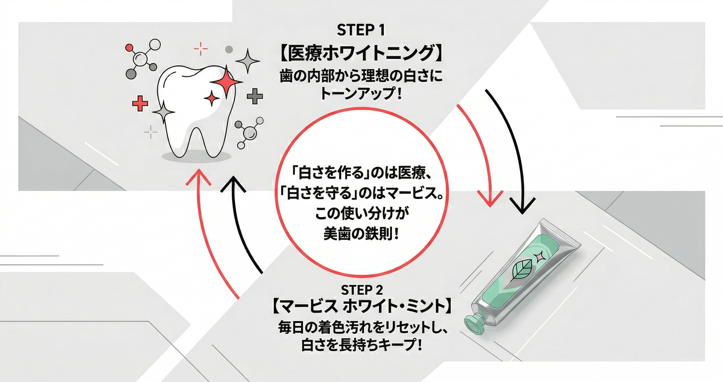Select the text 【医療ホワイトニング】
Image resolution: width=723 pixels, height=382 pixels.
(361, 53)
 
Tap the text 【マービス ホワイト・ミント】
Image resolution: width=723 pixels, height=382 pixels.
(362, 308)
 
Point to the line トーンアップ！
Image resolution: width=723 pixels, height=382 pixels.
(361, 93)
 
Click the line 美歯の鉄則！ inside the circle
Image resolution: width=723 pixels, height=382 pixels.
(361, 233)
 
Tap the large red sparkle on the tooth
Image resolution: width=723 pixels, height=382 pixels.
(226, 82)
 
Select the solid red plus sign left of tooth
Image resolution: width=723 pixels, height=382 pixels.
(140, 103)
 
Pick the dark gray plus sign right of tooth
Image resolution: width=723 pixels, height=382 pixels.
(255, 96)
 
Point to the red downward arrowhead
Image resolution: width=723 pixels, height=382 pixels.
(490, 198)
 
